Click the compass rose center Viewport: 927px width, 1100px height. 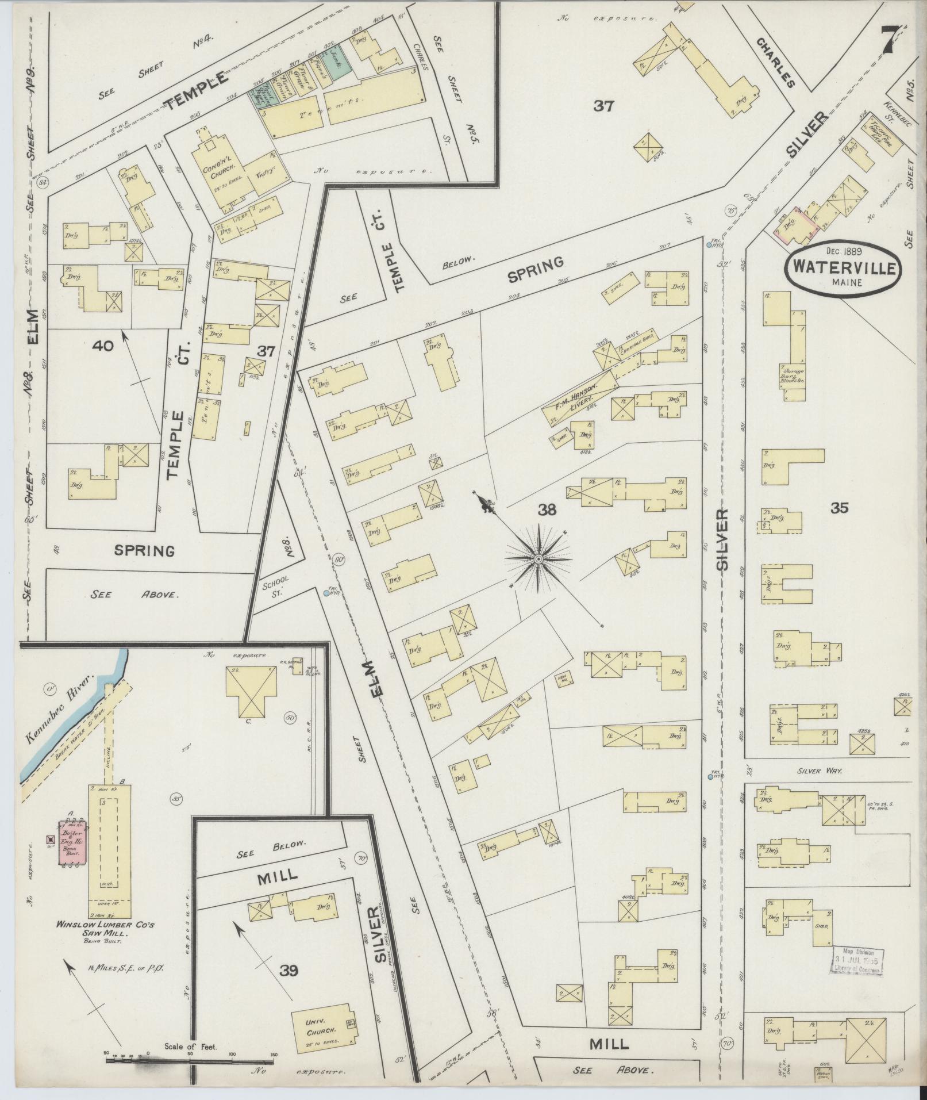coord(538,559)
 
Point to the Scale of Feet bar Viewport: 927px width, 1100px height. coord(190,1056)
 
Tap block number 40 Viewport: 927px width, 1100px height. coord(107,346)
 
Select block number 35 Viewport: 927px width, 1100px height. coord(839,507)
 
